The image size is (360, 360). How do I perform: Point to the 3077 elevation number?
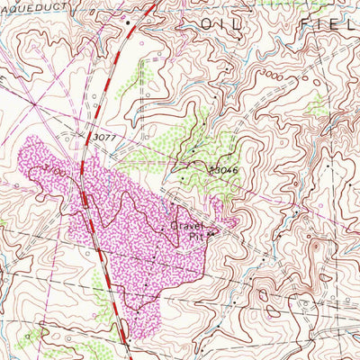pos(104,135)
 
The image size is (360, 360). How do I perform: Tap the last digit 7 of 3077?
pos(113,135)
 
